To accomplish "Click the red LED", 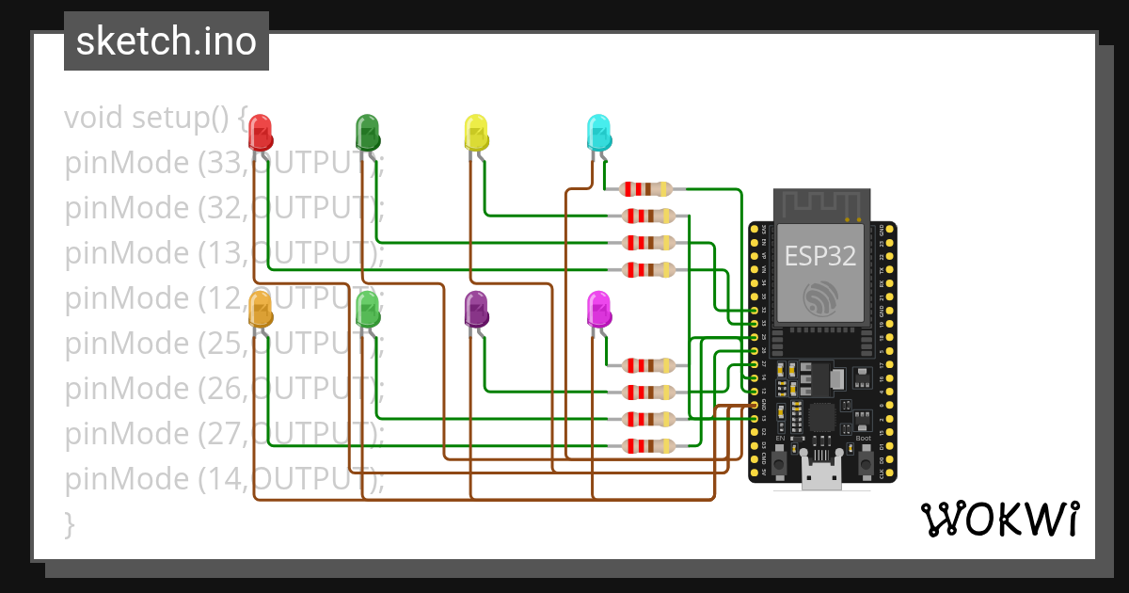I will click(261, 133).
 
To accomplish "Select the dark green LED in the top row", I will click(367, 133).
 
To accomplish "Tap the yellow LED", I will click(477, 133).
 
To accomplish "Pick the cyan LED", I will click(598, 133).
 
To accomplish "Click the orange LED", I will click(261, 310).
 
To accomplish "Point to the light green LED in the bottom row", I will click(367, 310).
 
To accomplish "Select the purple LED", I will click(477, 310).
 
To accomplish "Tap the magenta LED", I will click(598, 310).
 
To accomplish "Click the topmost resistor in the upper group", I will click(648, 189).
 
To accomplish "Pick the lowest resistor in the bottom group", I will click(648, 445).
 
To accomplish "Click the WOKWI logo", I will click(998, 519).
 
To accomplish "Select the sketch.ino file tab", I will click(167, 41).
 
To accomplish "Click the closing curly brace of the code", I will click(69, 523).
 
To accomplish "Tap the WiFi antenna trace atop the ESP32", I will click(821, 202).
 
